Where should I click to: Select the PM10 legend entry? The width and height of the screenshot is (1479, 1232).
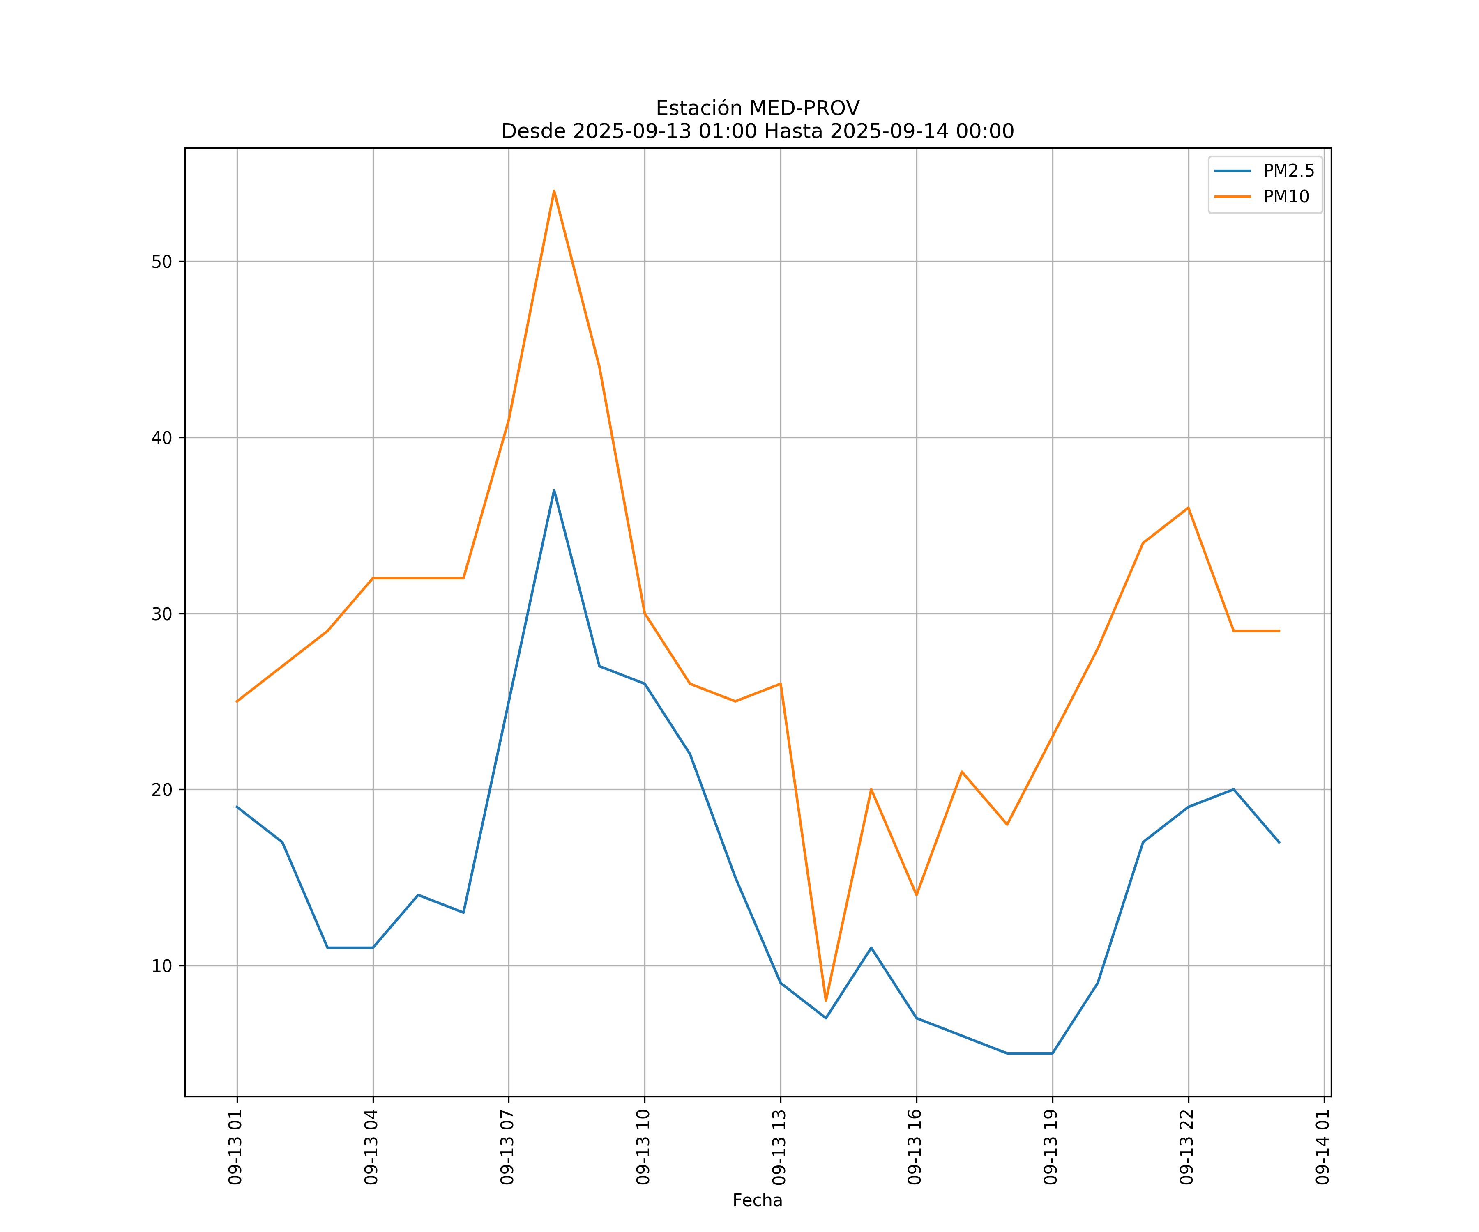[1286, 197]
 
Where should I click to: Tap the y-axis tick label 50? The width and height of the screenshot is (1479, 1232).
[162, 262]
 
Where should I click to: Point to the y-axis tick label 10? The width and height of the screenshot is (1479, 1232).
[162, 966]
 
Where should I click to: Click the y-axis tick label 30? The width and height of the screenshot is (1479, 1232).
[162, 614]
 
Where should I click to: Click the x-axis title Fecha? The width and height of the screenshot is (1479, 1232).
[757, 1200]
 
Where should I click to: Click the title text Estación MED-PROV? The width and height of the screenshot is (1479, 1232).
[757, 108]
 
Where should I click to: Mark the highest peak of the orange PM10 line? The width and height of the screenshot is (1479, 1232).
[554, 191]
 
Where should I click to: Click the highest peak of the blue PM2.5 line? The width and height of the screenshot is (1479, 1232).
[554, 490]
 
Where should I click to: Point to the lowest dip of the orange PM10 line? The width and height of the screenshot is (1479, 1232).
[826, 1000]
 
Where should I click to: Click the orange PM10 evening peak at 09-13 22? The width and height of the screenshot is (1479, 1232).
[1188, 508]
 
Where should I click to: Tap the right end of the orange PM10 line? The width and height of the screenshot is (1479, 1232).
[1279, 631]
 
